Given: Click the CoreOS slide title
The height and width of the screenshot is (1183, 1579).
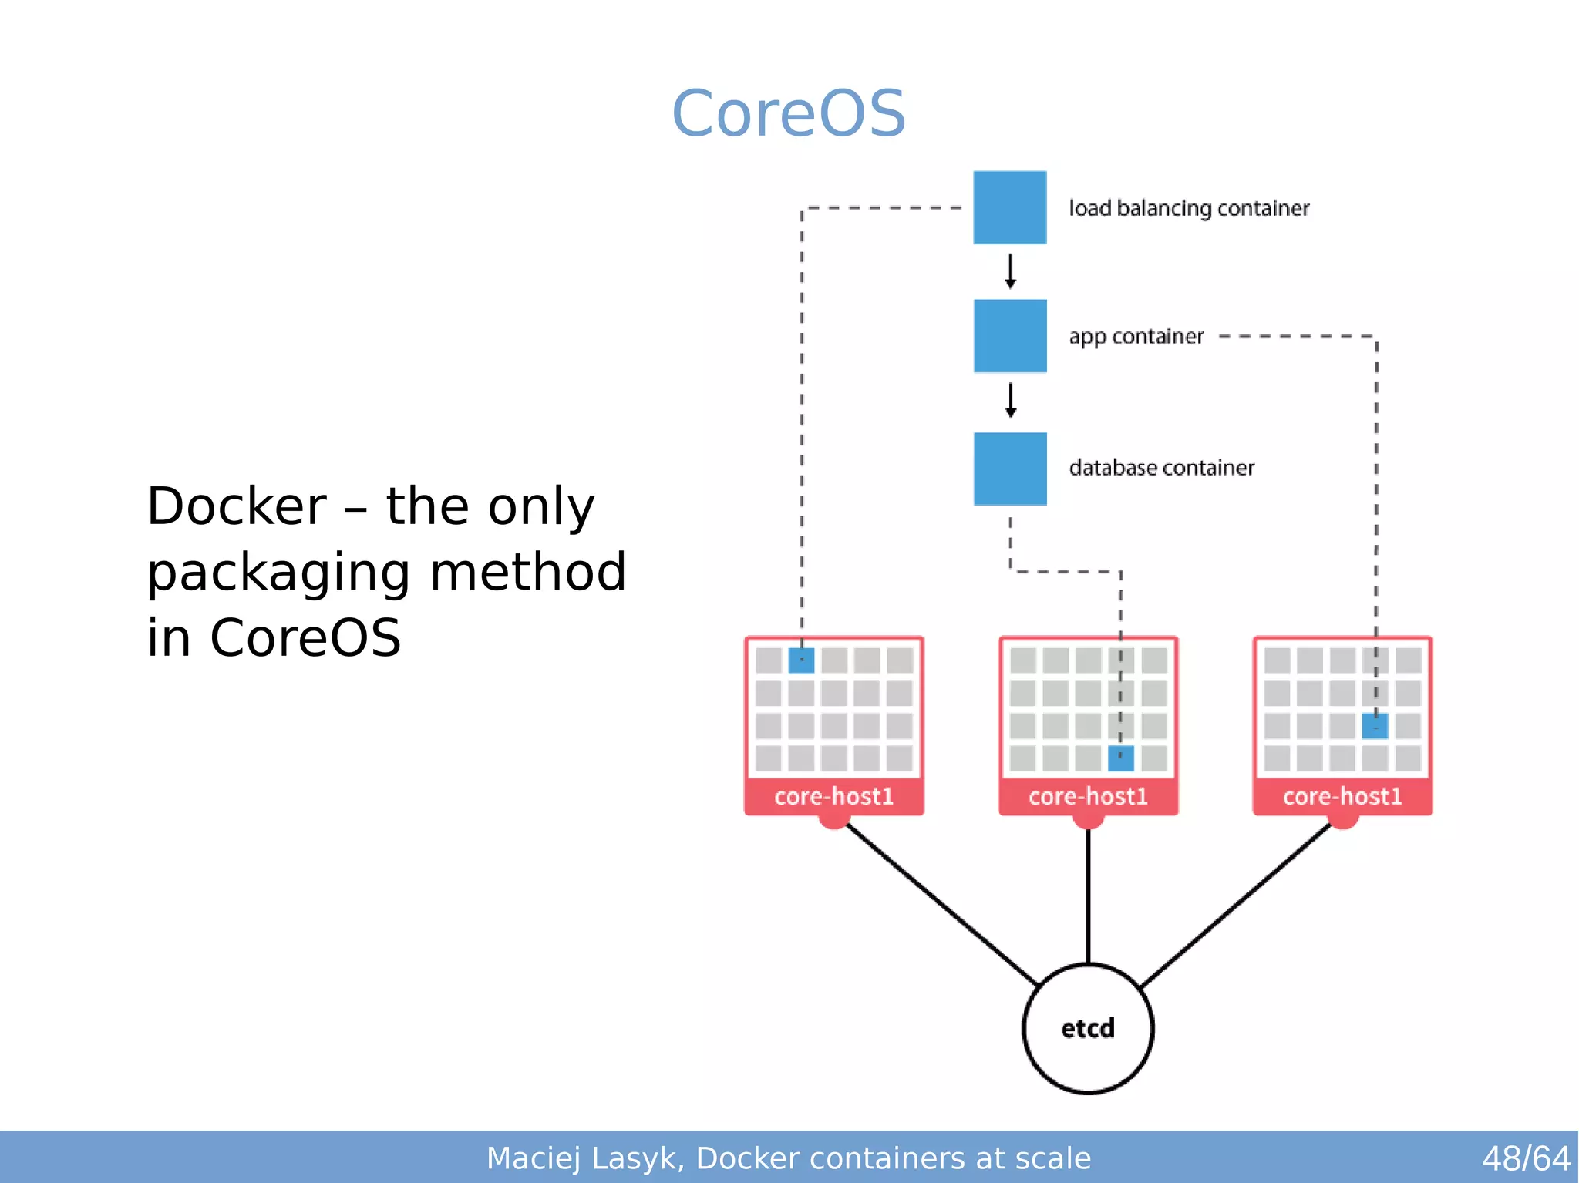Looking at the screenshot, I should pos(789,113).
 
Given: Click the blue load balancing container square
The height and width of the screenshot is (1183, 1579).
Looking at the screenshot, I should pos(1009,207).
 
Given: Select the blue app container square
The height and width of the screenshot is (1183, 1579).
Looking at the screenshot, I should pos(1009,336).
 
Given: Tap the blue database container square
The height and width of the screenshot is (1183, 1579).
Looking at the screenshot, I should pos(1009,469).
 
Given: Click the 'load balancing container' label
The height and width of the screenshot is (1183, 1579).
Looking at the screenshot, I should pos(1188,208).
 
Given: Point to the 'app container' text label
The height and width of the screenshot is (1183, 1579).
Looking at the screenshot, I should pos(1135,337).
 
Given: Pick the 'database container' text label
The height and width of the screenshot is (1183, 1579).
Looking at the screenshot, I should pos(1161,468).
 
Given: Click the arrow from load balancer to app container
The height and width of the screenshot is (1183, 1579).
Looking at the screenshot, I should pos(1010,271).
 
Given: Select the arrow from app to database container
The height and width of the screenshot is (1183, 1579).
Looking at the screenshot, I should pos(1010,401).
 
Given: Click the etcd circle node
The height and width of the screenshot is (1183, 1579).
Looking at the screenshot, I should pos(1088,1028).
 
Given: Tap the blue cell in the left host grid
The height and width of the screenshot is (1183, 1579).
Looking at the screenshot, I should pos(801,660).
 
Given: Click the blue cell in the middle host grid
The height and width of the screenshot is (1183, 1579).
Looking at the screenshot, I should pos(1120,758).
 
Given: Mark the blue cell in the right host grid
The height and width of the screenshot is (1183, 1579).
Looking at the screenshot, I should pos(1375,726).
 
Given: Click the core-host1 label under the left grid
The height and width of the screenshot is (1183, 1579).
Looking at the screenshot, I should pos(833,796).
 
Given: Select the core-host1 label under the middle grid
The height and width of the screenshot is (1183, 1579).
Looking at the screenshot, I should pos(1088,796).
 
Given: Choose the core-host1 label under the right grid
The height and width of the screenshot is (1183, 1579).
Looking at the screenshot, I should pos(1342,796).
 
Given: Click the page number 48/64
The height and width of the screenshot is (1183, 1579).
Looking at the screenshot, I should pos(1525,1158).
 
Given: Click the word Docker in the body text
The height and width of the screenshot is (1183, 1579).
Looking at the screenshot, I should pos(237,506).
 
